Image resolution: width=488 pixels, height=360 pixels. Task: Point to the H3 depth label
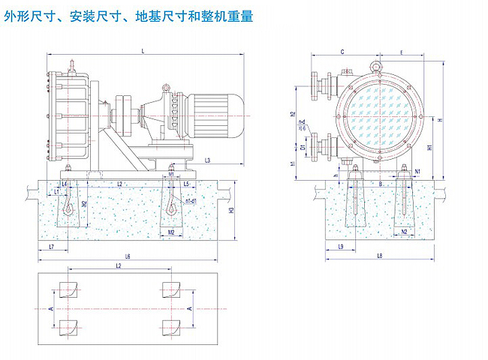point(232,211)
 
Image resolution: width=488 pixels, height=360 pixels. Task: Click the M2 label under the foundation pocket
point(172,232)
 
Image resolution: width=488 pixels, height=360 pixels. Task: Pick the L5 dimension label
point(185,183)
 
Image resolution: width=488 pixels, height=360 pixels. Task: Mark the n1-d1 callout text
point(191,202)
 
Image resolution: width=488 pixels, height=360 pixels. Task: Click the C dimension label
point(342,52)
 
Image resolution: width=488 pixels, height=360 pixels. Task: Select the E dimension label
point(402,52)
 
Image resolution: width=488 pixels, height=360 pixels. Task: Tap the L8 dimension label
point(380,257)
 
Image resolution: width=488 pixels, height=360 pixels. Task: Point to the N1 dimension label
point(417,172)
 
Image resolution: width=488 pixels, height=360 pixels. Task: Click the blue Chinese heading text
point(128,13)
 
